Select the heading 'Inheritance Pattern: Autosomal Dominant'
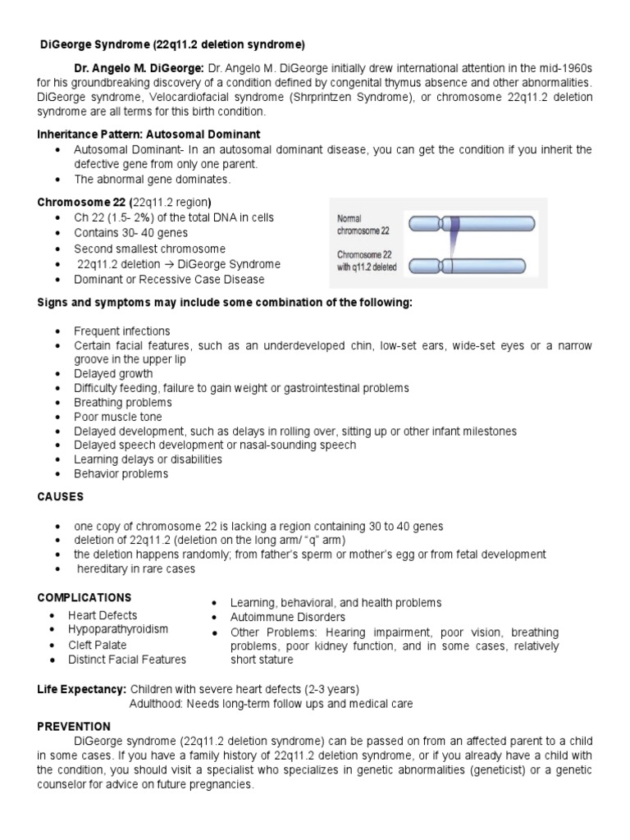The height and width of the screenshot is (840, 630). click(149, 134)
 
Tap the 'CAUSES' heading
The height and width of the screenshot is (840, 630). click(60, 497)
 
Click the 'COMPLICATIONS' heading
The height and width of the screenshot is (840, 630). click(84, 597)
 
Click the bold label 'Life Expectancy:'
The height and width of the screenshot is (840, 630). click(80, 688)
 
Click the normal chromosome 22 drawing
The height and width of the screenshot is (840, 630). click(472, 223)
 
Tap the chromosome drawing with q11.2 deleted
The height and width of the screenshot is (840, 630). click(472, 266)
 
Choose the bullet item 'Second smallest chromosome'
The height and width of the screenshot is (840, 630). click(149, 249)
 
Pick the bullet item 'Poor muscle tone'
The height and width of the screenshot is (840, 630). click(117, 417)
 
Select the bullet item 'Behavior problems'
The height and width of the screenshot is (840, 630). click(121, 473)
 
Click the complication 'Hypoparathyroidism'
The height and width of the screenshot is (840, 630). click(118, 629)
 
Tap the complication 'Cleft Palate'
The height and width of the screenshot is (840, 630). click(98, 645)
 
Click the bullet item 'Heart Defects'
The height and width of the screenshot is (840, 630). click(103, 615)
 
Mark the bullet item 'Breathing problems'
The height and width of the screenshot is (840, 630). click(122, 403)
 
